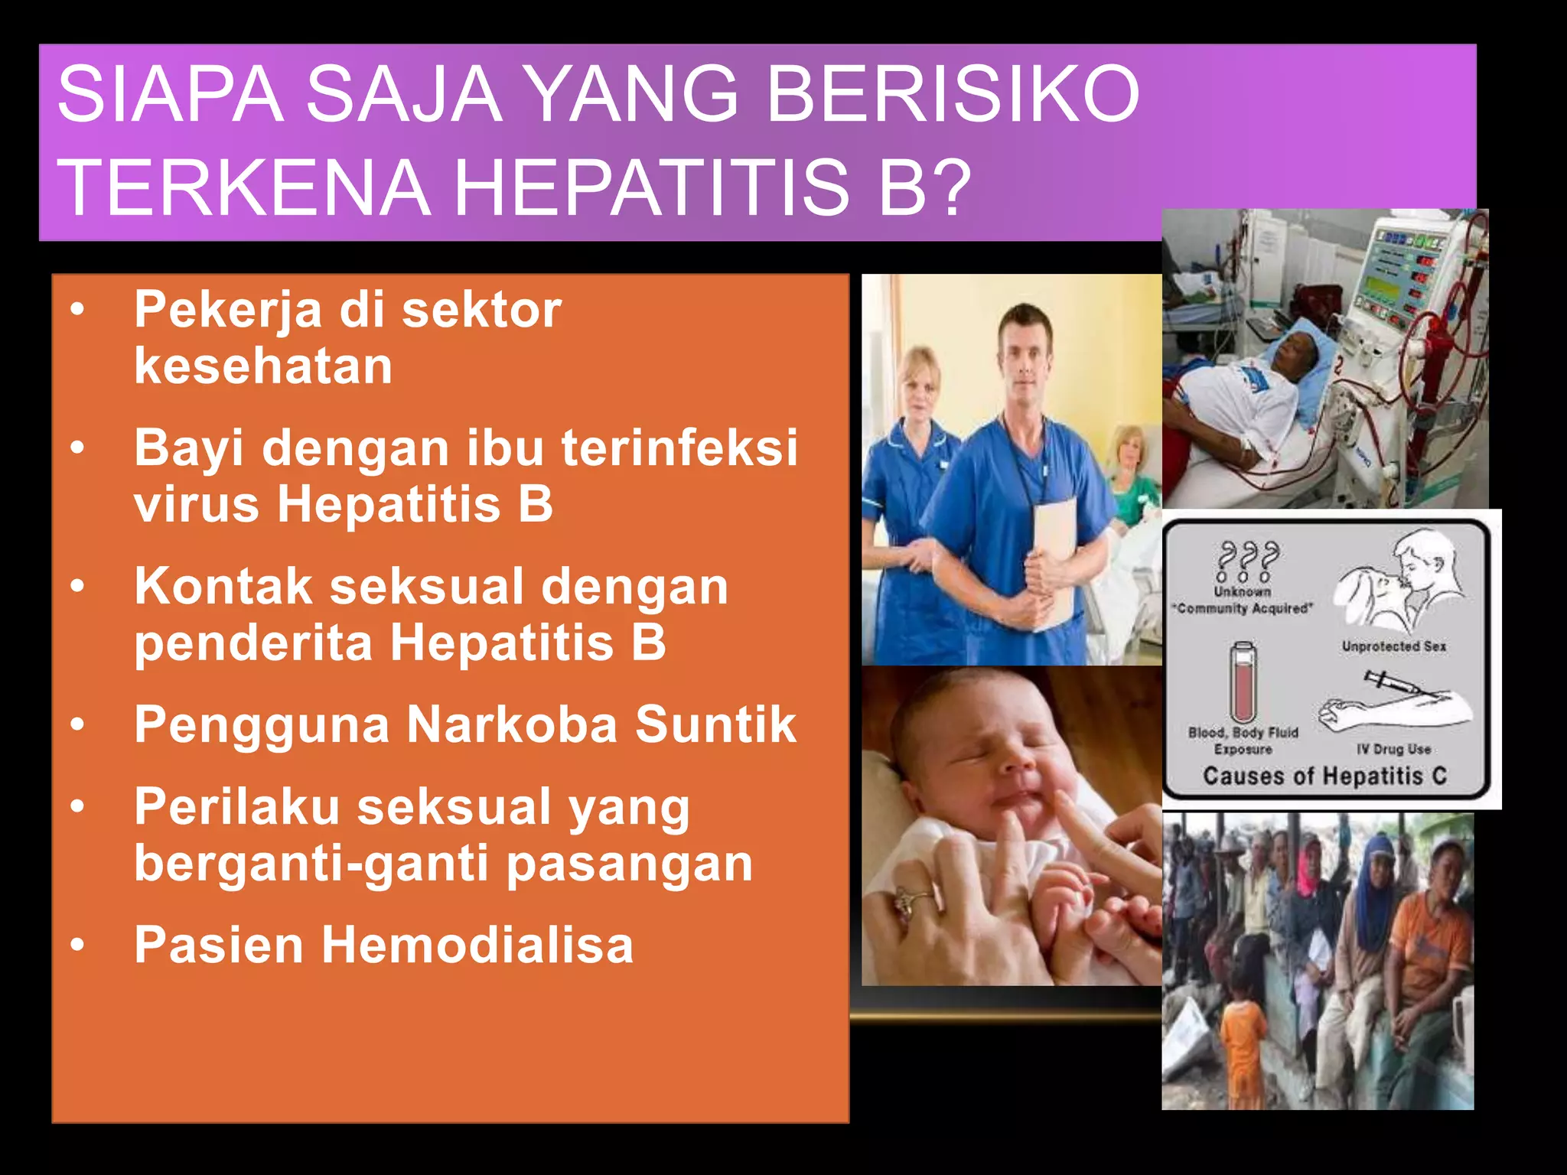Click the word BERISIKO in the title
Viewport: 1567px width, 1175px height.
pyautogui.click(x=953, y=95)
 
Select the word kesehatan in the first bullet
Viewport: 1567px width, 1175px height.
pyautogui.click(x=263, y=366)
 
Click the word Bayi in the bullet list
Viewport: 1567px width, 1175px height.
pyautogui.click(x=189, y=449)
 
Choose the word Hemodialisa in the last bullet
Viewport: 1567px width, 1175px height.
pyautogui.click(x=477, y=945)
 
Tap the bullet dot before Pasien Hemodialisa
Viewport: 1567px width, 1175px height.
pyautogui.click(x=77, y=946)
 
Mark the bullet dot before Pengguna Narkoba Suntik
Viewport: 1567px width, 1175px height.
pyautogui.click(x=77, y=724)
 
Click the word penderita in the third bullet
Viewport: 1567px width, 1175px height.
pyautogui.click(x=253, y=643)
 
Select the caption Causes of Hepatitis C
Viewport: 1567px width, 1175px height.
pyautogui.click(x=1324, y=776)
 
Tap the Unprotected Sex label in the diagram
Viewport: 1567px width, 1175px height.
pyautogui.click(x=1393, y=646)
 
